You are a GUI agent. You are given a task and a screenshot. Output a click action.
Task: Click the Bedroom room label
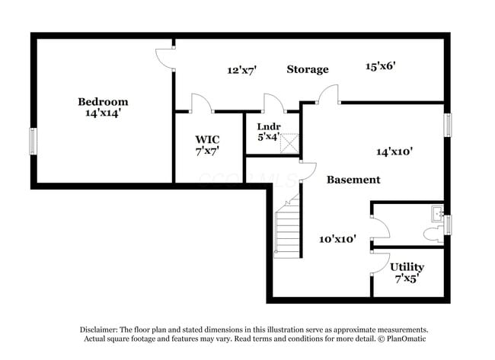pyautogui.click(x=103, y=101)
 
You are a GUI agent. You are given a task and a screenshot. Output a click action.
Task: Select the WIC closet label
pyautogui.click(x=207, y=139)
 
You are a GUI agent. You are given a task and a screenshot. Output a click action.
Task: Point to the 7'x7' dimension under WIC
pyautogui.click(x=207, y=151)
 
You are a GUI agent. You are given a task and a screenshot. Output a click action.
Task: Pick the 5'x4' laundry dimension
pyautogui.click(x=267, y=138)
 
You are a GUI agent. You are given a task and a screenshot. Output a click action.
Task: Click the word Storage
pyautogui.click(x=308, y=69)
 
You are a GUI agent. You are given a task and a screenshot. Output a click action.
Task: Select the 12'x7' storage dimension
pyautogui.click(x=241, y=70)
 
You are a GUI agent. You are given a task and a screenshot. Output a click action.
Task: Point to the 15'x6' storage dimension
pyautogui.click(x=380, y=66)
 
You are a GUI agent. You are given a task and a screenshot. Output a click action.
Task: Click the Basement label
pyautogui.click(x=353, y=180)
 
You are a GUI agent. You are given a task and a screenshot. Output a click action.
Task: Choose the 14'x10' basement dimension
pyautogui.click(x=394, y=151)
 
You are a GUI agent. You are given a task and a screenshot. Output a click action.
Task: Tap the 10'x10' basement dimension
pyautogui.click(x=337, y=238)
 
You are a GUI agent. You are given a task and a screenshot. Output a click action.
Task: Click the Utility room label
pyautogui.click(x=407, y=267)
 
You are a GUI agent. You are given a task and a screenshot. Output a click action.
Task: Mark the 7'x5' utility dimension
pyautogui.click(x=407, y=279)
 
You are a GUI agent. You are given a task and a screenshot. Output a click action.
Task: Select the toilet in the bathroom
pyautogui.click(x=436, y=214)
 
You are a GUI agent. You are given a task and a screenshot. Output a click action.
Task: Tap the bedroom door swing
pyautogui.click(x=164, y=59)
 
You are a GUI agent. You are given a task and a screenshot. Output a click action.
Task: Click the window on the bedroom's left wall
pyautogui.click(x=33, y=141)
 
